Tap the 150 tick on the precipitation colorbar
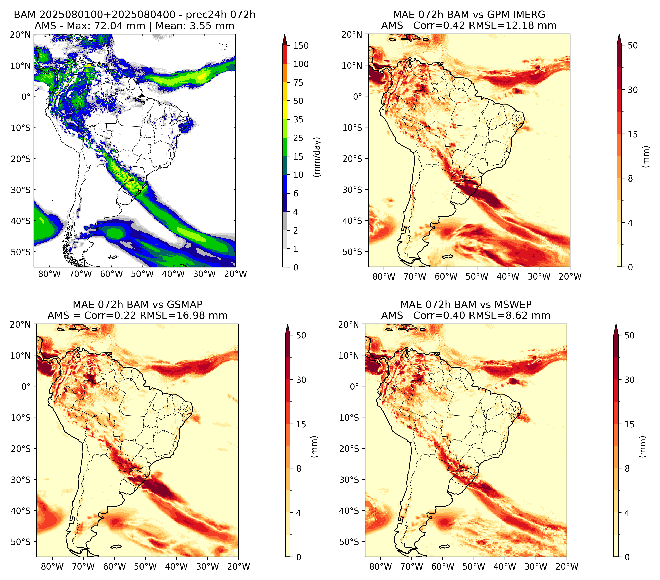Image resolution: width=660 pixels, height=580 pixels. point(301,46)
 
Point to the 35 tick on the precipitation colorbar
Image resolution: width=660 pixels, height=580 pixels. point(298,119)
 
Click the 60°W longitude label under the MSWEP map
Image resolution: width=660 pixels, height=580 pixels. point(443,566)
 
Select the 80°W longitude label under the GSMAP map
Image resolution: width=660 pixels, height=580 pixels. point(52,566)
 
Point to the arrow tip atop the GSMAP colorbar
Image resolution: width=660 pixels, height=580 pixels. point(287,324)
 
